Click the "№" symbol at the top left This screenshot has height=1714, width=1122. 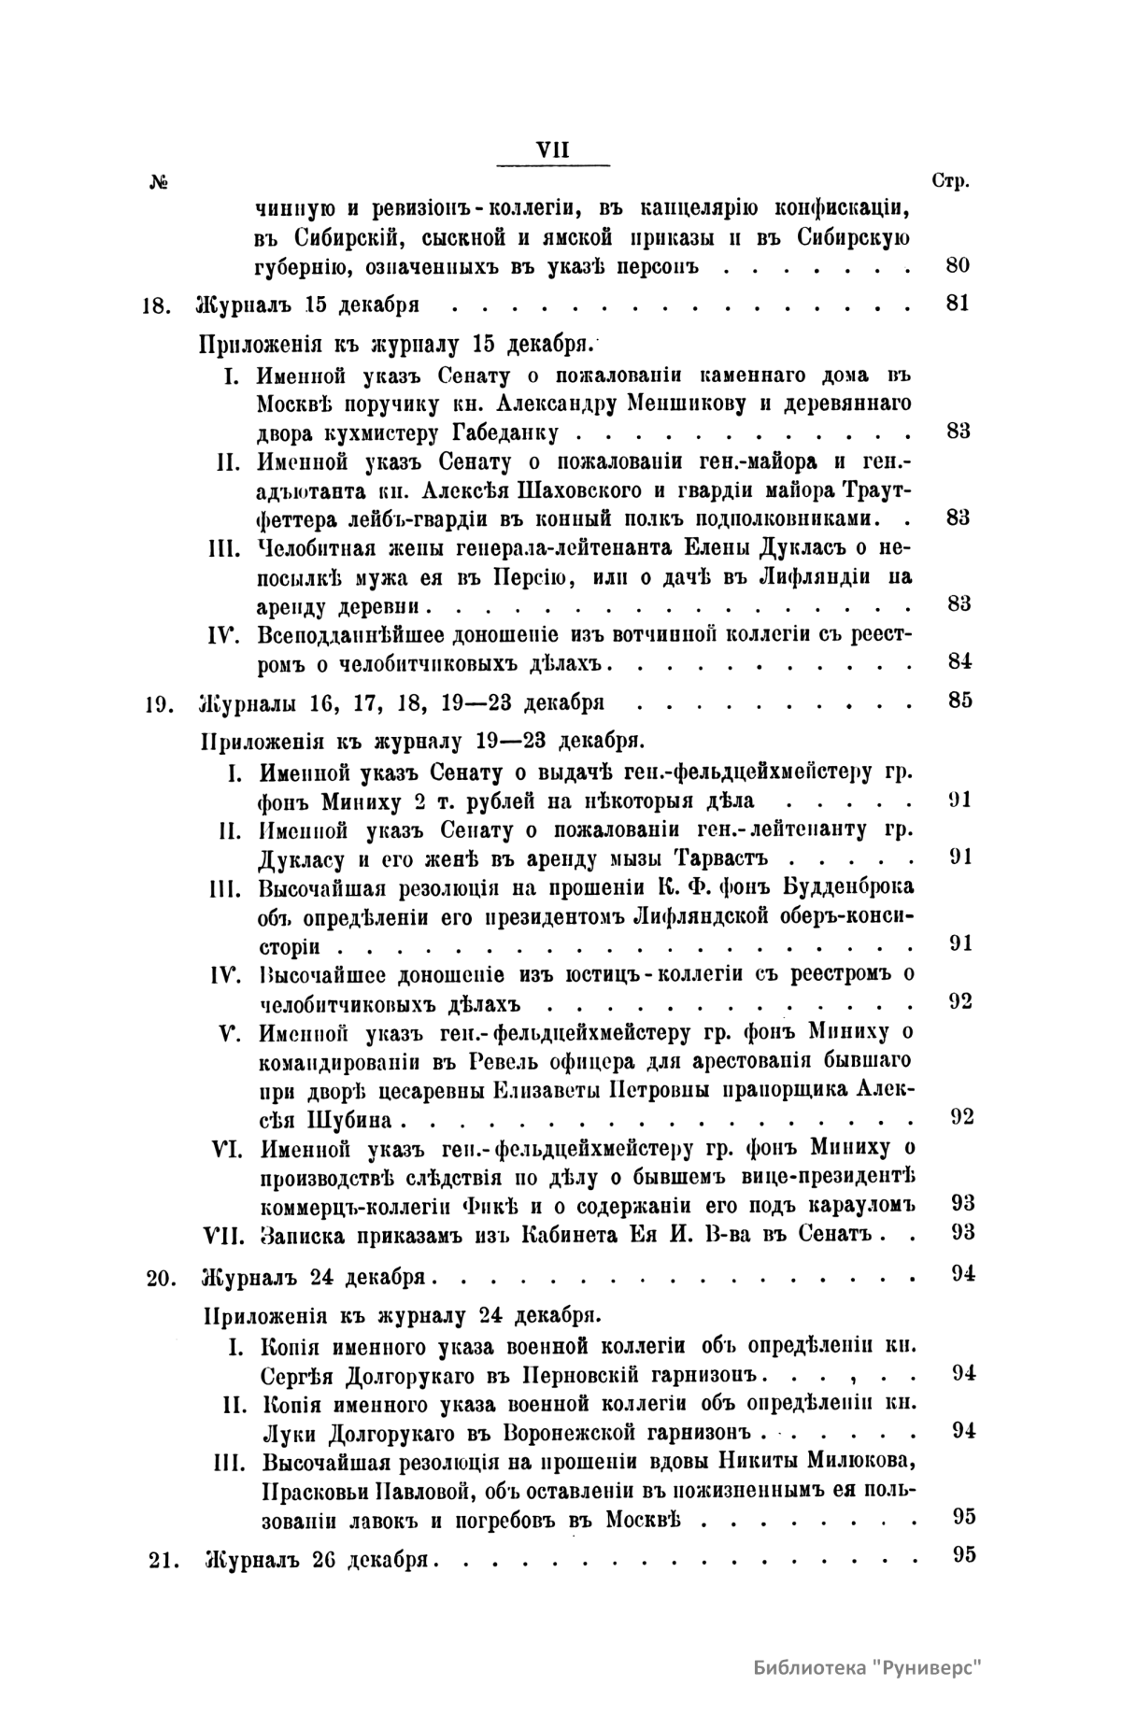coord(157,182)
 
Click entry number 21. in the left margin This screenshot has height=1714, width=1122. coord(162,1558)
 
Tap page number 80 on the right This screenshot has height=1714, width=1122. coord(958,265)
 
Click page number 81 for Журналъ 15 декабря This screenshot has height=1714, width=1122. coord(958,304)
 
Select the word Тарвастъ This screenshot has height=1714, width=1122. coord(736,857)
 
